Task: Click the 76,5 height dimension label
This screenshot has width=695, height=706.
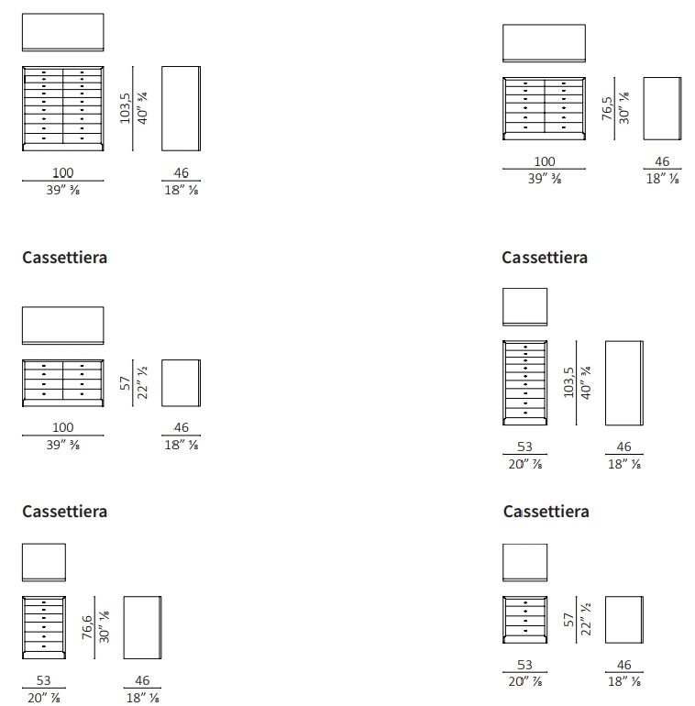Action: pos(607,108)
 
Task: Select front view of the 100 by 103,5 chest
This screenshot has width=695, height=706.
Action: pos(62,107)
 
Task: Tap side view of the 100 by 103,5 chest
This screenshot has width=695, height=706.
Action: pos(181,108)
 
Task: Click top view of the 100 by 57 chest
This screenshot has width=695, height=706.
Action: pos(62,325)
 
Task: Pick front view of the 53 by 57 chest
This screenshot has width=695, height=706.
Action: pos(525,619)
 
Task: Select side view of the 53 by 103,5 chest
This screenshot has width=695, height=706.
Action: pos(624,382)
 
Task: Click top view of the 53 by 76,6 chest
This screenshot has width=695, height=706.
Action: pos(44,562)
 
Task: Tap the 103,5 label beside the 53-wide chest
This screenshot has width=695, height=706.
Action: pos(569,382)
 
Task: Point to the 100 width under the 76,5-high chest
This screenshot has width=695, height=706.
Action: pos(544,162)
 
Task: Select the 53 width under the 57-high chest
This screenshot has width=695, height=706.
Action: pos(524,666)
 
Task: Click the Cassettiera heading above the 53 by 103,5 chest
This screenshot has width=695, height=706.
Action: pos(545,258)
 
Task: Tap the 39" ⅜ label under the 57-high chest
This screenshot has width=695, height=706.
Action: pos(62,445)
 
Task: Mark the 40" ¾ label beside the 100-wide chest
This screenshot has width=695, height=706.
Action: pos(144,108)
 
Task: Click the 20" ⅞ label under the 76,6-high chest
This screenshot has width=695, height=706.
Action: pos(44,698)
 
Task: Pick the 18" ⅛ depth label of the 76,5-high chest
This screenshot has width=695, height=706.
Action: pos(662,180)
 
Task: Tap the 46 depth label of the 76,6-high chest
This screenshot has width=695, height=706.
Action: pos(142,680)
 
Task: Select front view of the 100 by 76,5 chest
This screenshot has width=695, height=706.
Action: pos(544,109)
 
